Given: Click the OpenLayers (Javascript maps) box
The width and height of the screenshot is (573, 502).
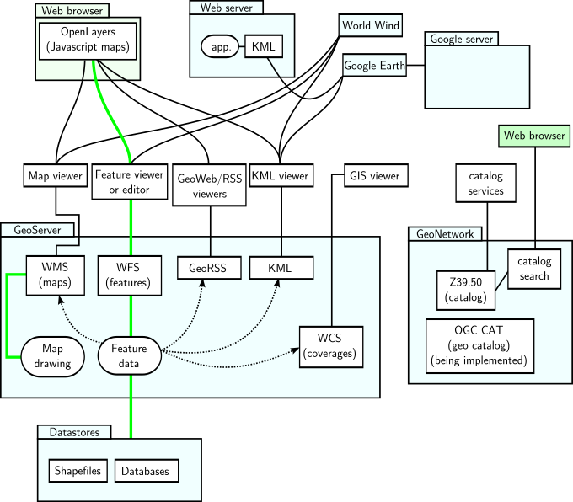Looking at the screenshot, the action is tap(88, 41).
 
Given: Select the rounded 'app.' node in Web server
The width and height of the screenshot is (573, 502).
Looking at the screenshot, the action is tap(220, 46).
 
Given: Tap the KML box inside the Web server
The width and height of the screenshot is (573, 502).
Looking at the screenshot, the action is tap(264, 46).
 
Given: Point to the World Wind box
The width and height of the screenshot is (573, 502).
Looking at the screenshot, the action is tap(370, 25).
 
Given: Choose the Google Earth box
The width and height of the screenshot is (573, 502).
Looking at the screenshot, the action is tap(375, 66).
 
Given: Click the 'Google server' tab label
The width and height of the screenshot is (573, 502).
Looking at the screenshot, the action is tap(462, 39).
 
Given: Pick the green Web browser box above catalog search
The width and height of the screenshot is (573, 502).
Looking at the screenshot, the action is tap(534, 136).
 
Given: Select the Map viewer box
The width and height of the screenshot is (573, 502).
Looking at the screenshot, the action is tap(56, 176).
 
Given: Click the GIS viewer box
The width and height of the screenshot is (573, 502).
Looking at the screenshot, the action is tap(376, 176).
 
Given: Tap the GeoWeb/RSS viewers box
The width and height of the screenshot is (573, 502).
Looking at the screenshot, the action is tap(209, 184).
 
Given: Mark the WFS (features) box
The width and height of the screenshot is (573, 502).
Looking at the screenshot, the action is tap(130, 275).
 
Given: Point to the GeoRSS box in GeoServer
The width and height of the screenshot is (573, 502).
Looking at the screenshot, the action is tap(209, 268).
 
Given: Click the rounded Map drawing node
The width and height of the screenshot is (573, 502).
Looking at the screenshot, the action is tap(52, 356).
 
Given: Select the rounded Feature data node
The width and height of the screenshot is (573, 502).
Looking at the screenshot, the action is tap(130, 356).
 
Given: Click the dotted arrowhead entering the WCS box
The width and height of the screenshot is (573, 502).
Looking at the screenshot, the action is tap(296, 350).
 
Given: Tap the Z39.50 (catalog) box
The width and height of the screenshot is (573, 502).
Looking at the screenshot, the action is tap(466, 290).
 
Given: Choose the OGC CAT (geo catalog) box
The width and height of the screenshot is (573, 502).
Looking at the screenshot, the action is tap(479, 346).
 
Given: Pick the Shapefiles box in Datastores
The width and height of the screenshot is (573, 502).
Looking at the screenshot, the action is tap(78, 471).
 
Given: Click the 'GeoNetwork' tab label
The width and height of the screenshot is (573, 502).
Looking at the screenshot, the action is tap(445, 234).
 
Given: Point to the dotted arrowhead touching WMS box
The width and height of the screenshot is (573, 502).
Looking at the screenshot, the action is tap(61, 300).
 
